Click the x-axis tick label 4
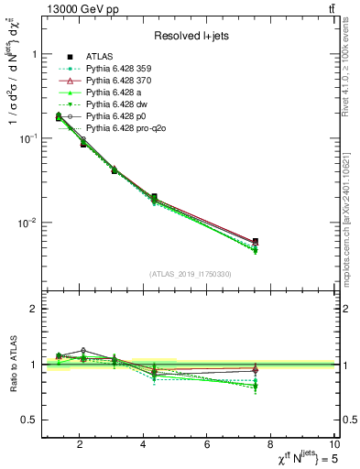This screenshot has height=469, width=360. (144, 444)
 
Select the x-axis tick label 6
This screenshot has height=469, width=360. (209, 444)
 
